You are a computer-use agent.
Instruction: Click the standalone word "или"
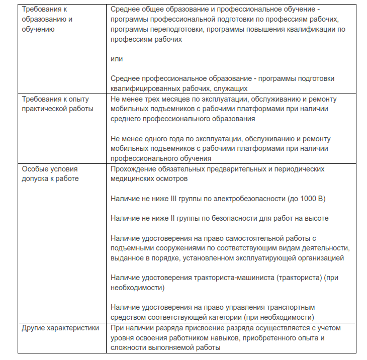point(117,59)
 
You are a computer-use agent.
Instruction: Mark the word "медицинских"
point(133,178)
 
